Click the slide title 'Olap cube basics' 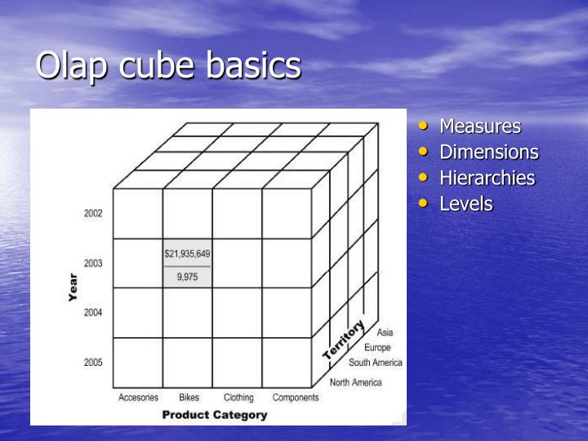tap(168, 66)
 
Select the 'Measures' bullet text tap(479, 127)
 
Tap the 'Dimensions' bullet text tap(488, 152)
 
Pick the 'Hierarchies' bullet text tap(487, 178)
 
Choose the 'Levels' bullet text tap(465, 203)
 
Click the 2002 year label tap(93, 214)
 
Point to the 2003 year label tap(93, 264)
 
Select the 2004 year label tap(93, 313)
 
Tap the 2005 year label tap(93, 363)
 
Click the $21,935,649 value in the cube tap(187, 254)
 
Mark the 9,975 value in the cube tap(187, 276)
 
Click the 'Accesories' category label tap(138, 398)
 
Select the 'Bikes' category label tap(189, 398)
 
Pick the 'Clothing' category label tap(238, 398)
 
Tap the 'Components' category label tap(296, 398)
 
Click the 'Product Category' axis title tap(214, 415)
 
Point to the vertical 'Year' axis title tap(73, 288)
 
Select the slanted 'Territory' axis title tap(344, 341)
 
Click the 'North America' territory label tap(355, 382)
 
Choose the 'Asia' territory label tap(385, 332)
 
